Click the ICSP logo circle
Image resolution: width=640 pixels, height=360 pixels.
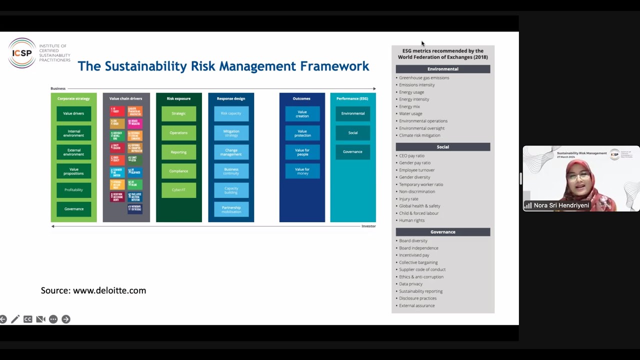22,53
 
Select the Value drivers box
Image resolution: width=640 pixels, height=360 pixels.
73,113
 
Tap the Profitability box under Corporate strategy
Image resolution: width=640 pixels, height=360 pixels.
73,190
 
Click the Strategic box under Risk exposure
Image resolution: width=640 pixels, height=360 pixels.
178,113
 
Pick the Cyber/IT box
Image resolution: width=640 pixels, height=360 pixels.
178,190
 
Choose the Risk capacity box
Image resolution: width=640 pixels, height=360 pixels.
231,113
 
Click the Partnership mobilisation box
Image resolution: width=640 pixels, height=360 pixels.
231,209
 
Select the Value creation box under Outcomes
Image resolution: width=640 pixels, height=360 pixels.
302,113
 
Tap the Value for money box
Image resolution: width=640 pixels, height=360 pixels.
302,171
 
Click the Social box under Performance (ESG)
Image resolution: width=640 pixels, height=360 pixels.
352,132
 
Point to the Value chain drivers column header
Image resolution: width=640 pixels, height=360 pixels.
125,98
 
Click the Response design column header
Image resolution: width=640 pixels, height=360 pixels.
231,98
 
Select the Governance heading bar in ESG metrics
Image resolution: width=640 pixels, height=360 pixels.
442,232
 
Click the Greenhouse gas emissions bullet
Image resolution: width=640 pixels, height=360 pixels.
424,78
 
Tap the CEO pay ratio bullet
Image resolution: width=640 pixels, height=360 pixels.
411,156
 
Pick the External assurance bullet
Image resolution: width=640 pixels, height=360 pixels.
416,305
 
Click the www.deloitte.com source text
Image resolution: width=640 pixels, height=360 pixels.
109,290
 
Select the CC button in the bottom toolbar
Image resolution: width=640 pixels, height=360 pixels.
28,319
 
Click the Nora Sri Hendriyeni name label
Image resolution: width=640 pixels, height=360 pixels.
561,205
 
